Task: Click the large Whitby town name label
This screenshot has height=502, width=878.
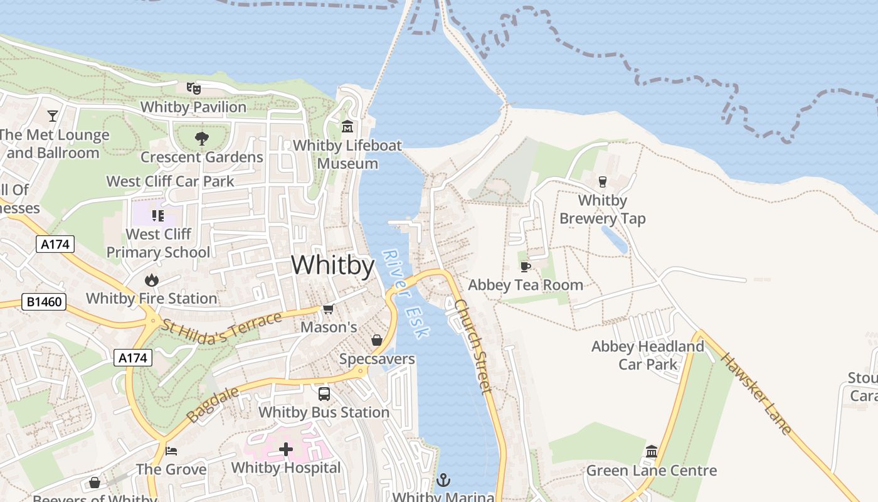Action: [332, 265]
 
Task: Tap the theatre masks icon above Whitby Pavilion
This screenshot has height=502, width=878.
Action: [193, 88]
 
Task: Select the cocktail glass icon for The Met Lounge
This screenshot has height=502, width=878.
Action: [53, 116]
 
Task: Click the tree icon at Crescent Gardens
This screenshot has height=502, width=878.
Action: [201, 138]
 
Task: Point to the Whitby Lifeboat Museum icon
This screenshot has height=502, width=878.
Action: [347, 127]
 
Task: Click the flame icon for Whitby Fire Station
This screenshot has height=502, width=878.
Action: [151, 280]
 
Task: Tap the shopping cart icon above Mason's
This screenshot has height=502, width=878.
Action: [328, 309]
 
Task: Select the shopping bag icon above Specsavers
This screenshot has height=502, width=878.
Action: [377, 340]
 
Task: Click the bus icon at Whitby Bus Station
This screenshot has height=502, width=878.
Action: [324, 394]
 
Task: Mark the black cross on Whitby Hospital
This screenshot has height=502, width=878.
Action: [286, 449]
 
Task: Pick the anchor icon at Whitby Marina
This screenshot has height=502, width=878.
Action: [443, 480]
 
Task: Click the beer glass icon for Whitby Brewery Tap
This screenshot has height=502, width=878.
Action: [603, 182]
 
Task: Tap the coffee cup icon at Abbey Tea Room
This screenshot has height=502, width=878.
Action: [526, 267]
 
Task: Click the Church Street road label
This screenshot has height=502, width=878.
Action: [473, 346]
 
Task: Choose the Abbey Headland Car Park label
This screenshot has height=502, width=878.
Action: [648, 355]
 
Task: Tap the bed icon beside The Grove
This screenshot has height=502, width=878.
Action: [171, 451]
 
